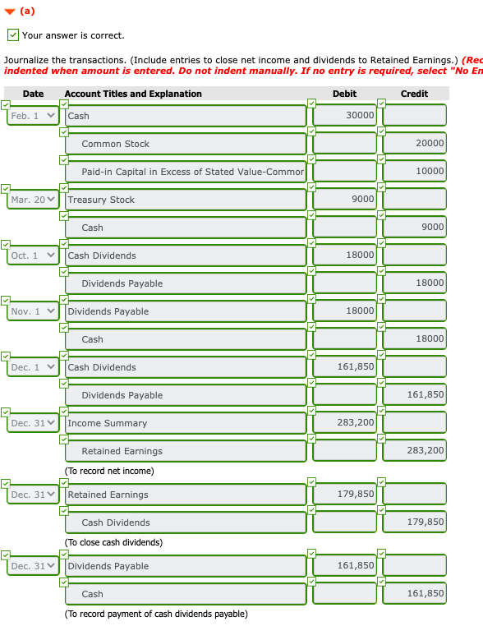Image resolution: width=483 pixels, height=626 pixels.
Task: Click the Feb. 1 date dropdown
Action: pos(33,116)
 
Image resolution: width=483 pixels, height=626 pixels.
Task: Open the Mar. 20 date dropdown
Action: pos(33,200)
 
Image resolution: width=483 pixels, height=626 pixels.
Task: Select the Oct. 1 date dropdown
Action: pos(33,255)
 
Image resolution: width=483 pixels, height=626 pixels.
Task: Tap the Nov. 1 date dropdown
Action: pos(33,311)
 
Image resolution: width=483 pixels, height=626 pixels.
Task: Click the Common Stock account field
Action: pos(185,144)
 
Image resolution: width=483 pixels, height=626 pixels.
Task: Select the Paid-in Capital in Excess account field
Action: pos(185,172)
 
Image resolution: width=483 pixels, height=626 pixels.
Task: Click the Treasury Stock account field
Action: pos(185,200)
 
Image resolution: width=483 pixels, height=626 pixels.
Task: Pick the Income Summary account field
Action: pos(185,423)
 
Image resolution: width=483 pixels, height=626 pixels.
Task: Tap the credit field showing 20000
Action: pos(414,144)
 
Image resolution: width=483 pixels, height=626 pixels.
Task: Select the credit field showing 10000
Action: pos(414,172)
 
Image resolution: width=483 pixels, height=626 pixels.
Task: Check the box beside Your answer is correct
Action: pos(12,35)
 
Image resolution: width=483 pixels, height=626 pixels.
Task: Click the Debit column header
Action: pos(344,94)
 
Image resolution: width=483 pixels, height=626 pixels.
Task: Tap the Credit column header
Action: pos(414,94)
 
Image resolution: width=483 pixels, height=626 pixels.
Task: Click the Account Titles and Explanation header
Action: pos(133,94)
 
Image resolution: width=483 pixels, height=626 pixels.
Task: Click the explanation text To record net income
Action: pos(109,471)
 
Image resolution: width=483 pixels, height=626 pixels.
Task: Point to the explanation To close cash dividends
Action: pos(113,542)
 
